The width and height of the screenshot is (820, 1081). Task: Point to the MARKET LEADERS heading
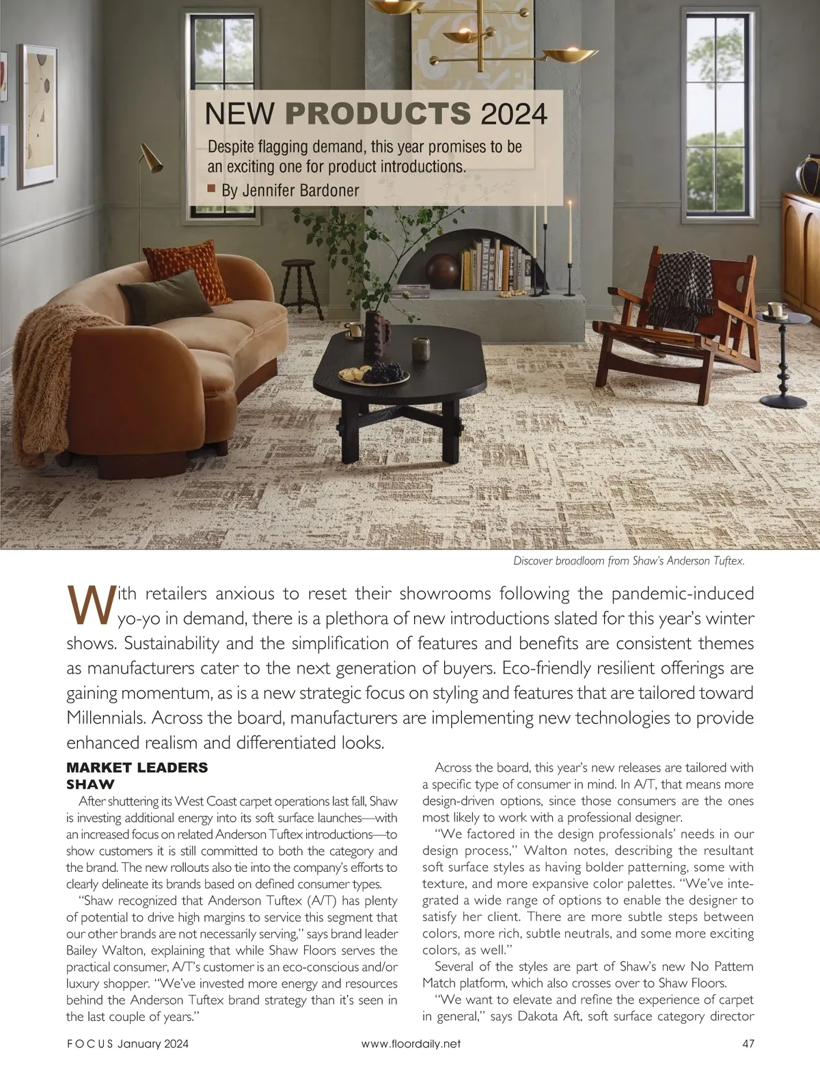(x=137, y=767)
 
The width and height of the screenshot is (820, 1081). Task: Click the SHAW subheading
(x=90, y=784)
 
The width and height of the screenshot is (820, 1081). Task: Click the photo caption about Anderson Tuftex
(x=628, y=561)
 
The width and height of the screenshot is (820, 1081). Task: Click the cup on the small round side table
(x=776, y=310)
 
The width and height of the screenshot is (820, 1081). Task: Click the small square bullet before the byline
(x=211, y=188)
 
